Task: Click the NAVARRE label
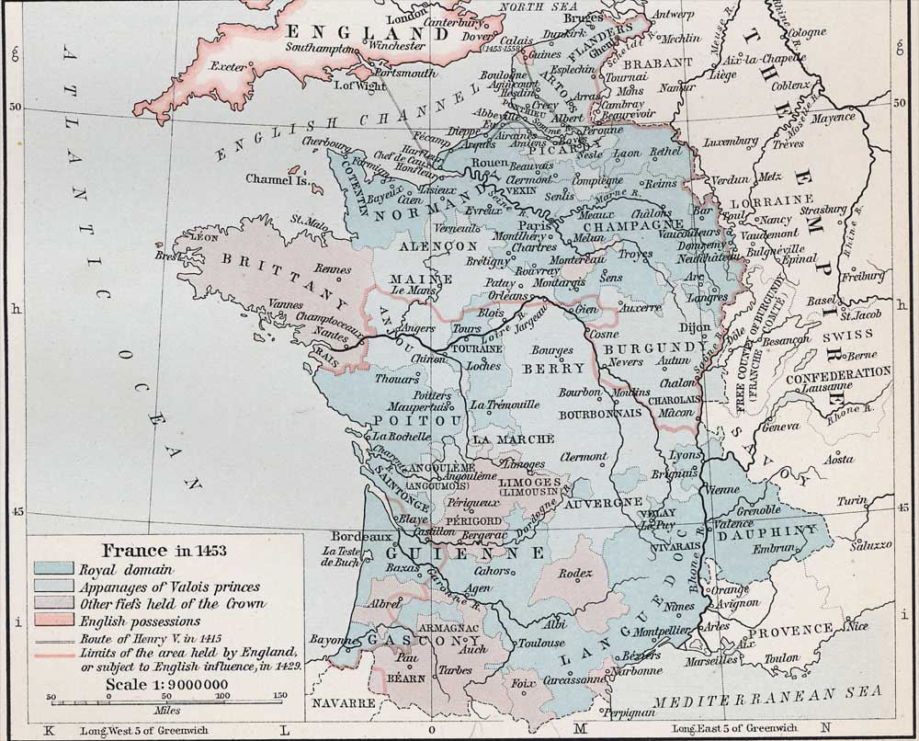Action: pos(344,703)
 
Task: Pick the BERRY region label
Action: pos(553,368)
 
